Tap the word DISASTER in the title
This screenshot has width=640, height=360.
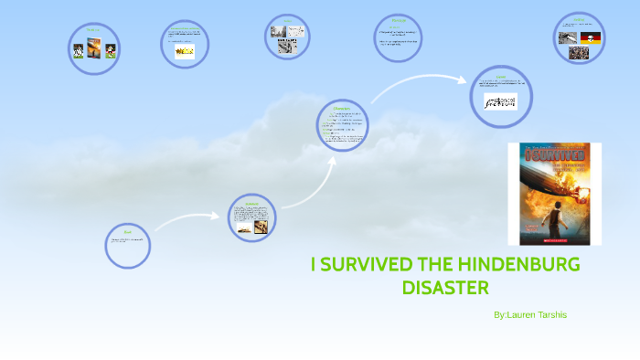coord(445,288)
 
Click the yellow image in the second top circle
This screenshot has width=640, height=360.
coord(185,52)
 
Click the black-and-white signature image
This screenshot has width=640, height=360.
coord(500,100)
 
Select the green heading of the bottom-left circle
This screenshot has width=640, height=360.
coord(127,231)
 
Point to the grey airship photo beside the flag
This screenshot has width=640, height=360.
coord(569,37)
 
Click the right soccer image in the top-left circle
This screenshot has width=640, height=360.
coord(111,50)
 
